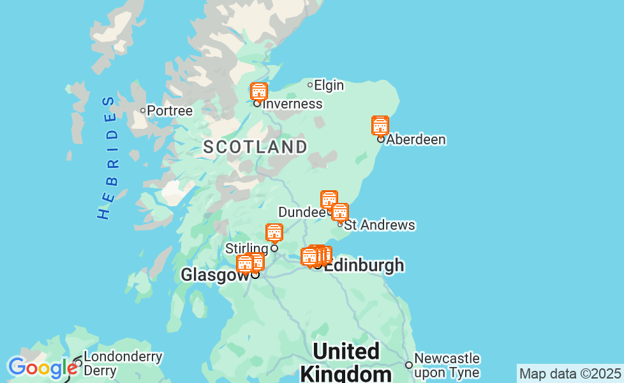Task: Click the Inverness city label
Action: coord(292,104)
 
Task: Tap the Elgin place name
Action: coord(329,85)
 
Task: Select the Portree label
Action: coord(170,111)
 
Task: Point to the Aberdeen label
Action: coord(416,140)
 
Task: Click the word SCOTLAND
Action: coord(255,147)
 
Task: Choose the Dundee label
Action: coord(302,212)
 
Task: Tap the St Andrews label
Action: coord(380,225)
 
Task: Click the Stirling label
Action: coord(247,248)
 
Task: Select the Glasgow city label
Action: coord(215,274)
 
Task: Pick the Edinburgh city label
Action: coord(364,266)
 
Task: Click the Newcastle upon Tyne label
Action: coord(447,365)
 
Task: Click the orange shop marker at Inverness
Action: coord(258,91)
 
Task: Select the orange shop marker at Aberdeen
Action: coord(380,126)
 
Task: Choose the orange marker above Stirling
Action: coord(274,233)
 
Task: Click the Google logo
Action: coord(42,368)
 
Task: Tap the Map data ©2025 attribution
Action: coord(570,373)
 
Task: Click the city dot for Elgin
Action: coord(310,85)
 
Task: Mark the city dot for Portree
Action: coord(143,110)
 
